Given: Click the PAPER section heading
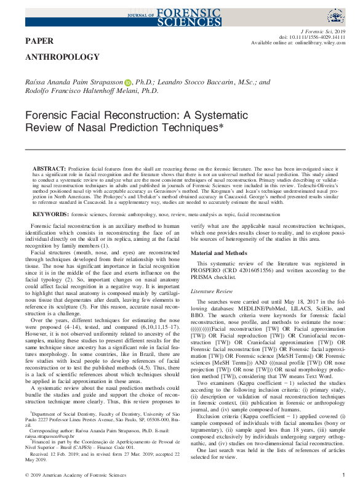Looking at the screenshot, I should [39, 41].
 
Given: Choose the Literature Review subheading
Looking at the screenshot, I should [212, 289].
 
